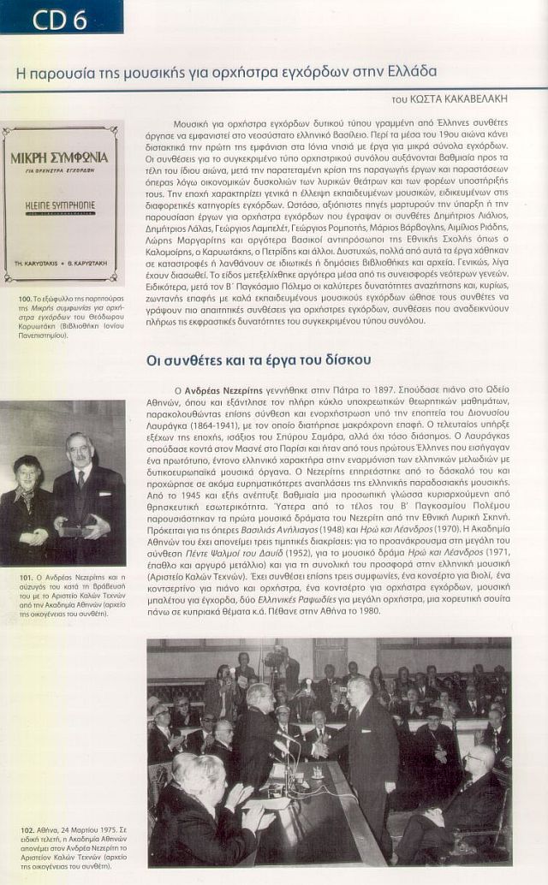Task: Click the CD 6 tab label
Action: [60, 18]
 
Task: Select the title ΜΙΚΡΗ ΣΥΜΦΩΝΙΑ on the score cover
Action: [59, 158]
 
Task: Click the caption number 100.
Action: [25, 298]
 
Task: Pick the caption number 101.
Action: [25, 578]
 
